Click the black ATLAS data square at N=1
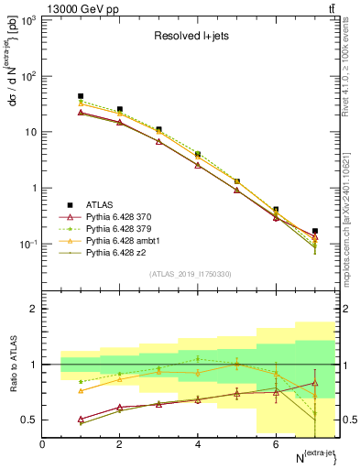[81, 96]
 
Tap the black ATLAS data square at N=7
[315, 232]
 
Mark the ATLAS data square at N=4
[198, 155]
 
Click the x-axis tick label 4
[198, 444]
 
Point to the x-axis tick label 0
[42, 444]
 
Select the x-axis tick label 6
[276, 444]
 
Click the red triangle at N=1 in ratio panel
[81, 419]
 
